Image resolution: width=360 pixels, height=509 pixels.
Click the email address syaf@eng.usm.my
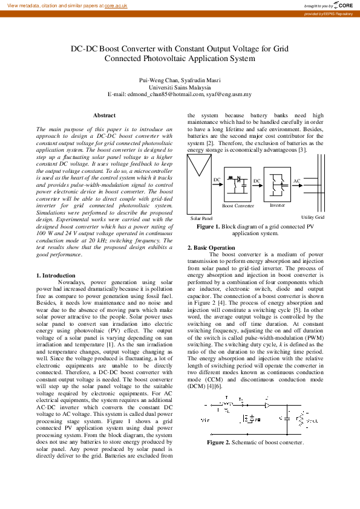[x=237, y=94]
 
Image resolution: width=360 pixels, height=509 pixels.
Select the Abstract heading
[x=104, y=115]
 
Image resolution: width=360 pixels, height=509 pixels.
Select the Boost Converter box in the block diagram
[x=238, y=184]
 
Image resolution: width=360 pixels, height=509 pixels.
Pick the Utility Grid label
[x=313, y=218]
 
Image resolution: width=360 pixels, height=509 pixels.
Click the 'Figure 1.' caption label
[x=208, y=226]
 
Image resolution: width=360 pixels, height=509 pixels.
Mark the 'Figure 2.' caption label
[x=218, y=443]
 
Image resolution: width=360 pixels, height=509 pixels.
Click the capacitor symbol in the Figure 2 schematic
[x=286, y=417]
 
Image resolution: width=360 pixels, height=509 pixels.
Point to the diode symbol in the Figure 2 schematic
[x=266, y=404]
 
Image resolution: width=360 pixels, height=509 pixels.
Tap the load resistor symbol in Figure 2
[x=303, y=417]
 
